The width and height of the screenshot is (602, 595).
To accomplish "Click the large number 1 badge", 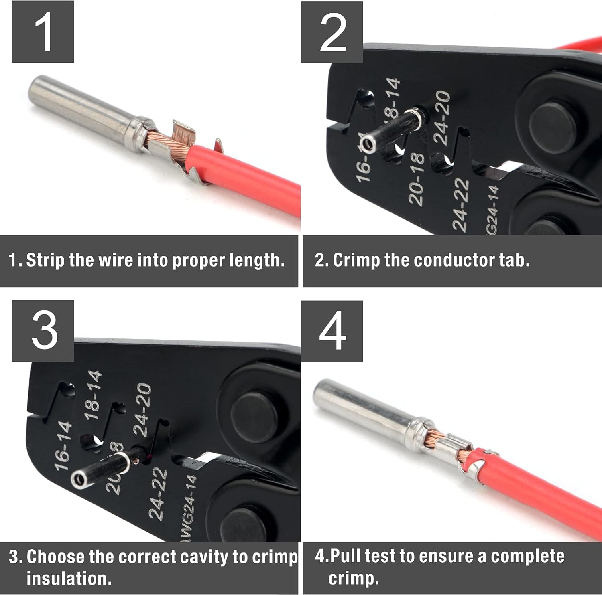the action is click(x=43, y=32).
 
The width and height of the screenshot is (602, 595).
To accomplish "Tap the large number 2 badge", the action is click(x=332, y=32).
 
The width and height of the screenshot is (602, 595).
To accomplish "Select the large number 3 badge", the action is click(x=43, y=331).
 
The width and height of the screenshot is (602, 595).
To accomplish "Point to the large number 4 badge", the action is click(x=332, y=331).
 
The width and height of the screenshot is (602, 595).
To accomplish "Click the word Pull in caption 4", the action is click(x=346, y=556).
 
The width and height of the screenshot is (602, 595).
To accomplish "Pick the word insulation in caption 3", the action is click(x=69, y=578).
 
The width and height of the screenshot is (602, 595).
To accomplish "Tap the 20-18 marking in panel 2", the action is click(x=416, y=179).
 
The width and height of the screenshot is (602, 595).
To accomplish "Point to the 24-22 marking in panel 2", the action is click(x=460, y=205).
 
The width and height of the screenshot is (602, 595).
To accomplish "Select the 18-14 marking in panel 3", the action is click(x=93, y=395).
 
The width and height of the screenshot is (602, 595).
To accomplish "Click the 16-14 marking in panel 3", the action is click(x=63, y=446).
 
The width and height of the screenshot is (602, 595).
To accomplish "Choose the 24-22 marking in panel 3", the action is click(x=158, y=494).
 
